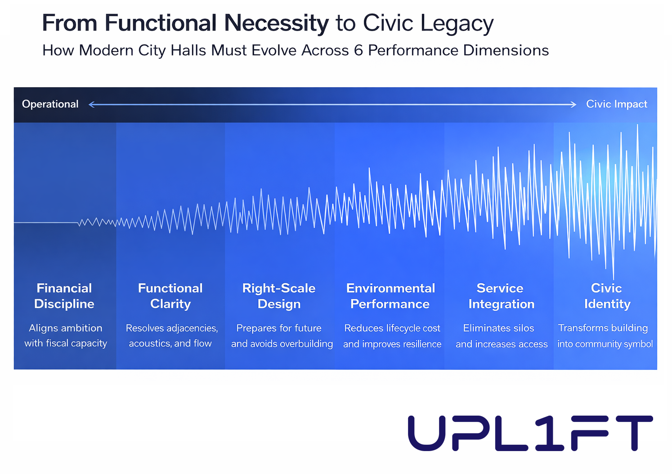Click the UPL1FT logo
(x=530, y=433)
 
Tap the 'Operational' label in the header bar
(x=50, y=104)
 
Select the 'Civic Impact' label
(x=616, y=104)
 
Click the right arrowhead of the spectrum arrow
(x=573, y=105)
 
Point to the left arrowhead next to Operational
(x=92, y=105)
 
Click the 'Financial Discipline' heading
(x=64, y=296)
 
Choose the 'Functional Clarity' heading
(x=170, y=296)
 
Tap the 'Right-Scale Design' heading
(x=279, y=296)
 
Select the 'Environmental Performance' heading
(x=390, y=296)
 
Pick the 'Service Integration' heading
(x=501, y=296)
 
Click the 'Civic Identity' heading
(x=607, y=296)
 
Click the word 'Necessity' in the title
(x=276, y=23)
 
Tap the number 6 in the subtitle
(x=358, y=50)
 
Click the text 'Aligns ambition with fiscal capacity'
(x=66, y=336)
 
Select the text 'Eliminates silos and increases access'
(x=501, y=336)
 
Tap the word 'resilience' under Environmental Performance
(x=421, y=344)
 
